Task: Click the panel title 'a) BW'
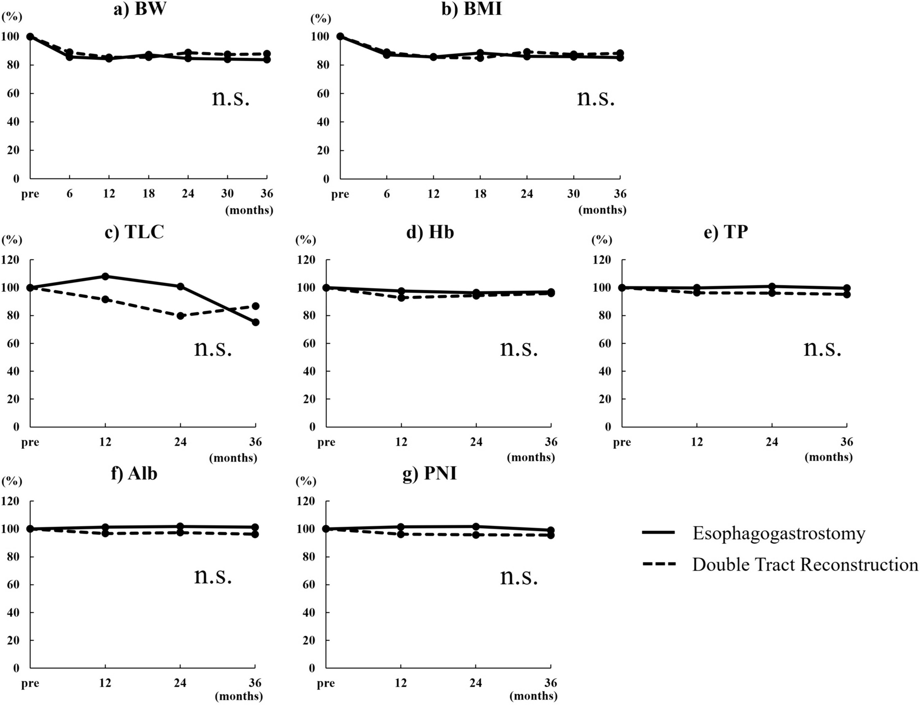click(139, 10)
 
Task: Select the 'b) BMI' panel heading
click(471, 10)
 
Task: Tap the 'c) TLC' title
click(134, 232)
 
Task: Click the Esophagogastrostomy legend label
click(779, 533)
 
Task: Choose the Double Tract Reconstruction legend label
click(805, 565)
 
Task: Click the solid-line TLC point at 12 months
click(105, 276)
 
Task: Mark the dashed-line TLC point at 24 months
click(180, 316)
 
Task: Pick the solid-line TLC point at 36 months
click(255, 322)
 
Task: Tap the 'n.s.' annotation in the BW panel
click(230, 98)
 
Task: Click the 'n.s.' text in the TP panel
click(822, 348)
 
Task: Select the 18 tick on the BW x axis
click(149, 194)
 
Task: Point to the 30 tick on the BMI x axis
click(573, 194)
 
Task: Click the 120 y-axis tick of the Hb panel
click(306, 260)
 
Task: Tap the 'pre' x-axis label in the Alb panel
click(30, 683)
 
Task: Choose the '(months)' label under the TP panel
click(829, 457)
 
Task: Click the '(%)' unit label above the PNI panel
click(306, 482)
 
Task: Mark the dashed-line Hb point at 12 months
click(401, 298)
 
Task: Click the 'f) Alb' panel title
click(134, 474)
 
